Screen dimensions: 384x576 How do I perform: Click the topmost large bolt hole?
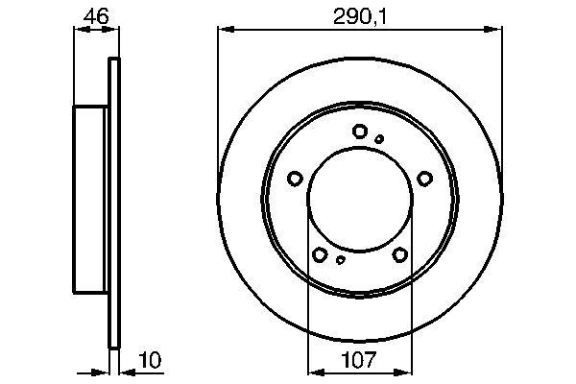click(359, 132)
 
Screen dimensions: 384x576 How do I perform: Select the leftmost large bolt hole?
click(295, 178)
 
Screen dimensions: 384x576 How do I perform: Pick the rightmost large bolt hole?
click(423, 178)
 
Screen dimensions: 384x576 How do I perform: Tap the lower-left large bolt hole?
click(320, 253)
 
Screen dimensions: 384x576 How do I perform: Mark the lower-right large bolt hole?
click(399, 253)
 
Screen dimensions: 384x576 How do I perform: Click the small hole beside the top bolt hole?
click(379, 138)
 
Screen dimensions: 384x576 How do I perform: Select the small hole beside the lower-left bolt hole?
click(341, 258)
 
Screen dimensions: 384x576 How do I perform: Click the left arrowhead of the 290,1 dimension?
click(224, 30)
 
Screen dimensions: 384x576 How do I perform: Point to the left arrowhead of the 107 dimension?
click(311, 372)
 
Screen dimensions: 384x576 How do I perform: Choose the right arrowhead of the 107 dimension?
click(409, 372)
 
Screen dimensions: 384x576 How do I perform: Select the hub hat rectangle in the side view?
click(90, 199)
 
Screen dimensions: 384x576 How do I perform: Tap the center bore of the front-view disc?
click(359, 202)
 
